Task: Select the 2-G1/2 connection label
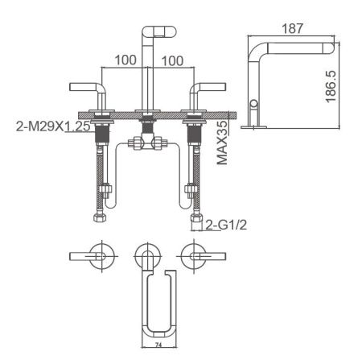pos(226,224)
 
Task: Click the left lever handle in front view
pos(87,86)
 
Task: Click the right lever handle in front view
pos(207,86)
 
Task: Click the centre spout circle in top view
pos(147,255)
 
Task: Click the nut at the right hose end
pos(193,219)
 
